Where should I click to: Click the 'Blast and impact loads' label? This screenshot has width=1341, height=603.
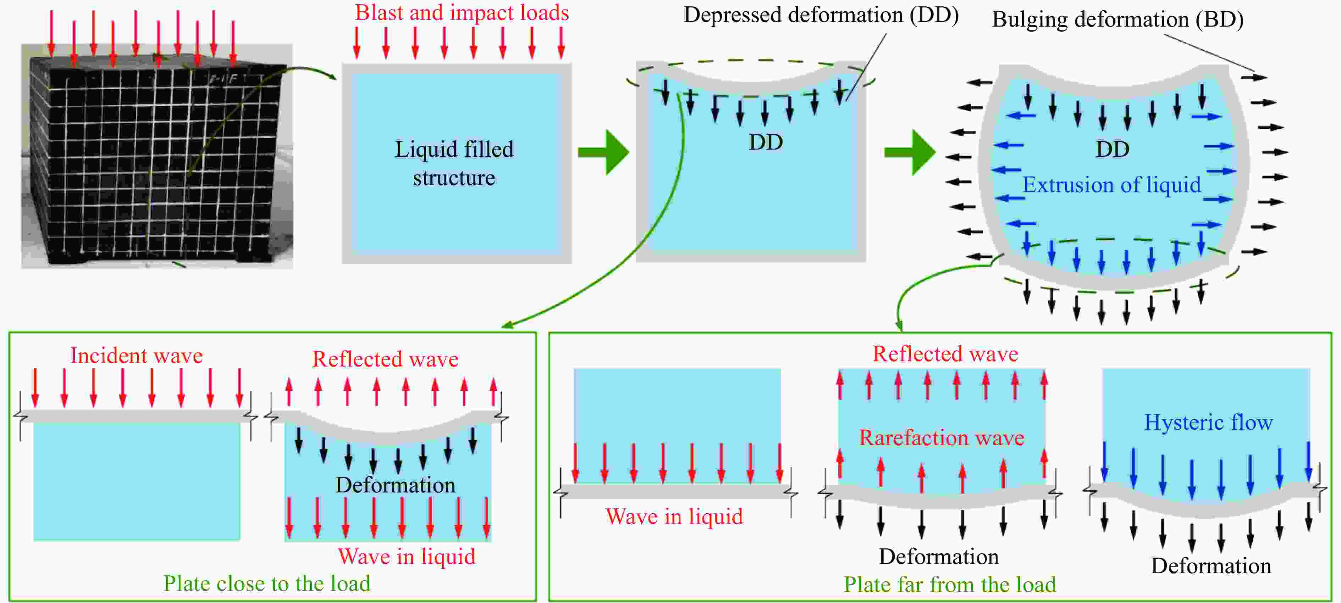click(x=462, y=12)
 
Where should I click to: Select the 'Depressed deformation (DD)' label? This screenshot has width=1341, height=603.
click(x=821, y=15)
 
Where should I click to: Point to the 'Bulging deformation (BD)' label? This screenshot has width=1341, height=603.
click(x=1117, y=20)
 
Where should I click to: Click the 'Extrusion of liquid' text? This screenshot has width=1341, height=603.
click(x=1111, y=185)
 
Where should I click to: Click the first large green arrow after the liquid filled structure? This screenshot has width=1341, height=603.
click(x=604, y=152)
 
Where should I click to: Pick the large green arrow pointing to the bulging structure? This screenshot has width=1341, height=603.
click(x=910, y=152)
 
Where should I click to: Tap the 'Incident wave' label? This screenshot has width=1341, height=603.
click(x=136, y=356)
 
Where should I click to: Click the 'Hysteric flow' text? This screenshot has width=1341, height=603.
click(x=1208, y=423)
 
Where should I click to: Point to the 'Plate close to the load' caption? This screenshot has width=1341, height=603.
click(x=267, y=583)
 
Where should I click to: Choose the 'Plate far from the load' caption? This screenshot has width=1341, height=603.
click(x=950, y=584)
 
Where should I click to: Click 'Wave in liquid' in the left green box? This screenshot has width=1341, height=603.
click(x=407, y=557)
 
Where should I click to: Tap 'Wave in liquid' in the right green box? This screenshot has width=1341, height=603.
click(x=674, y=517)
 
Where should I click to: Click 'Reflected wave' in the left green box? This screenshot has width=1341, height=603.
click(x=385, y=359)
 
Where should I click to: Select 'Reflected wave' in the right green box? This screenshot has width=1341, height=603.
click(x=945, y=354)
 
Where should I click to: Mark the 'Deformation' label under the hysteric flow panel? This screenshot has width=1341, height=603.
click(x=1211, y=565)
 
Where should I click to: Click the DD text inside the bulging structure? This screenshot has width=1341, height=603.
click(x=1113, y=149)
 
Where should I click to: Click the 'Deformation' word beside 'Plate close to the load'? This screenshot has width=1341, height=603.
click(x=395, y=485)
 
